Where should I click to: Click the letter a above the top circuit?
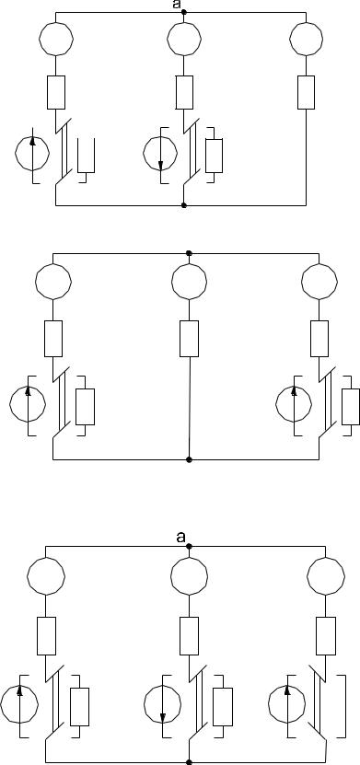coord(177,5)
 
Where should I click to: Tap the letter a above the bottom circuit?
coord(181,538)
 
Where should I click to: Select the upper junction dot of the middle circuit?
coord(190,253)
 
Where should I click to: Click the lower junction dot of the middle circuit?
coord(190,459)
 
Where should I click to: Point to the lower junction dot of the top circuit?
coord(184,205)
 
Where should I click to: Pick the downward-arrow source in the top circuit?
coord(160,153)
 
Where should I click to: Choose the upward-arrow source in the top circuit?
coord(32,153)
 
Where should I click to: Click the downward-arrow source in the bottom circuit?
coord(162,705)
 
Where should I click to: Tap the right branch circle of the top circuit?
coord(306,39)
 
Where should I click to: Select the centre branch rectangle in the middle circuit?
coord(190,339)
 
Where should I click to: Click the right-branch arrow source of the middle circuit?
coord(294,404)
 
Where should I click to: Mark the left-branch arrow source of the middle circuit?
coord(28,404)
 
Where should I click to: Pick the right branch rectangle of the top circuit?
coord(306,92)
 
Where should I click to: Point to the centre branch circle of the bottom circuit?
coord(190,576)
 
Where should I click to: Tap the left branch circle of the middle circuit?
coord(53,282)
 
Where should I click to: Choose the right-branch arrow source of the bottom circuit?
coord(287,705)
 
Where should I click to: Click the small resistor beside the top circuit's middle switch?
coord(215,156)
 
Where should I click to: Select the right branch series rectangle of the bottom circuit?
coord(326,636)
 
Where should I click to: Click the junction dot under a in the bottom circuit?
coord(190,547)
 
